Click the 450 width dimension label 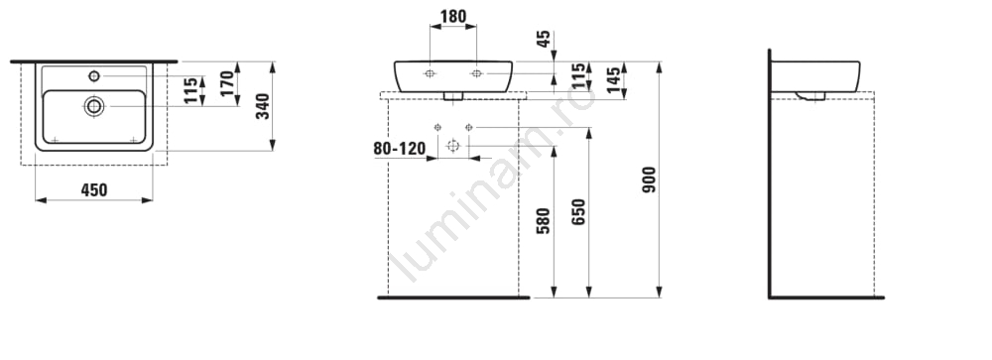tap(94, 189)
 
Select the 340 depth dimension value tap(263, 106)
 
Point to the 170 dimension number tap(228, 83)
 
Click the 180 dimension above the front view tap(453, 17)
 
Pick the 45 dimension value tap(544, 40)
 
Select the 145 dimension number tap(614, 79)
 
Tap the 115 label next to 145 tap(578, 76)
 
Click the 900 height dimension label tap(649, 180)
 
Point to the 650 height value tap(579, 212)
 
